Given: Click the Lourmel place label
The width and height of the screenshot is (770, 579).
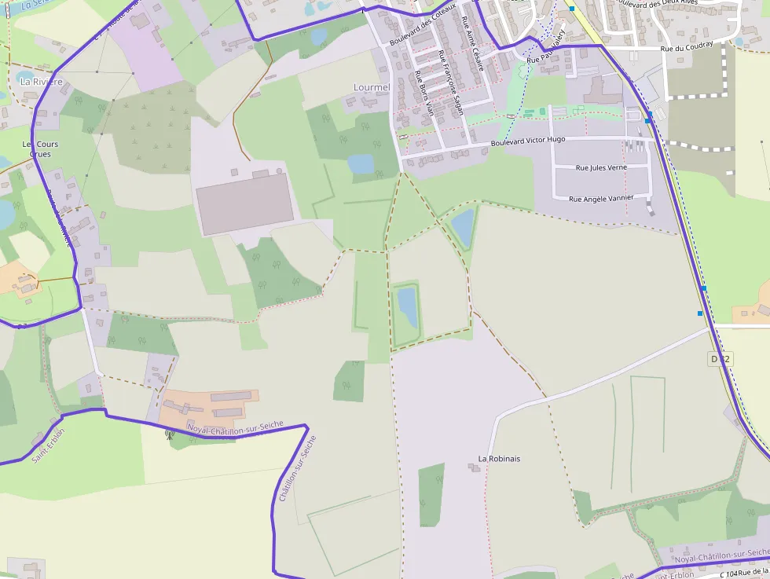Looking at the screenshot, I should coord(372,87).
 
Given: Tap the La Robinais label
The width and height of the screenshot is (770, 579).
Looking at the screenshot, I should coord(499,458).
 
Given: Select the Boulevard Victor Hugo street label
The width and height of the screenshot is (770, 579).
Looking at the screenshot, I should coord(527,141).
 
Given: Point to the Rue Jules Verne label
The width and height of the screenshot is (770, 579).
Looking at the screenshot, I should coord(601,167).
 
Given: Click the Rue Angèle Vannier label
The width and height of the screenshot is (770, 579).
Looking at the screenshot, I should coord(601,198).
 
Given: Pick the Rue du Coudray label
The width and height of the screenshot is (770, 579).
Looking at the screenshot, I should coord(687,46).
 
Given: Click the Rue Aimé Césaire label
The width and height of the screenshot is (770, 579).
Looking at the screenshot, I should coord(473,42).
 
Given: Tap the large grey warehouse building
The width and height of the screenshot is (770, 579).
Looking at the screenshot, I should coord(244,203).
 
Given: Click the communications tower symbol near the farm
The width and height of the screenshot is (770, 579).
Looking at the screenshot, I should coord(169,434).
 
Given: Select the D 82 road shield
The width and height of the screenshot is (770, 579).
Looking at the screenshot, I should coord(720,359).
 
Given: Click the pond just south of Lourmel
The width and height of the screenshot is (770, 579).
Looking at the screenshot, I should coord(361,163).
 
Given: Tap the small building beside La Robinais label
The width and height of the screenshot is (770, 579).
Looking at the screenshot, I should coord(474,468).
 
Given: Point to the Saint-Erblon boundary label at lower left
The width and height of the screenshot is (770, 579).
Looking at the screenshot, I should coord(48,445).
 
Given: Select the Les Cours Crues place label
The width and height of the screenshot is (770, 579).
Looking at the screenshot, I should coord(41,149).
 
